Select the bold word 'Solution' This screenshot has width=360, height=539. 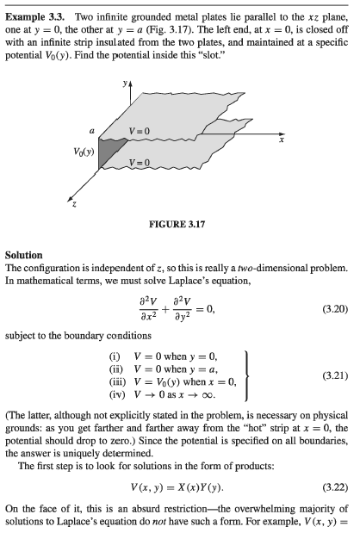point(23,255)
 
